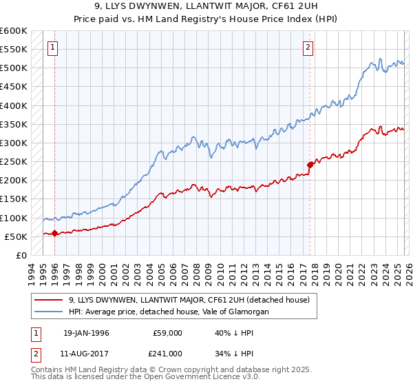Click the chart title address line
206,8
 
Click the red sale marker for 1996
54,233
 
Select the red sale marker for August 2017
310,165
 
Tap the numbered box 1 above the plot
53,48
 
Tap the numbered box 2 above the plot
308,48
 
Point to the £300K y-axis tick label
14,143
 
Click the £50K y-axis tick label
16,236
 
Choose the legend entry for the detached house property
189,300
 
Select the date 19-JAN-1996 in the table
86,333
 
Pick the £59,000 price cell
167,333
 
